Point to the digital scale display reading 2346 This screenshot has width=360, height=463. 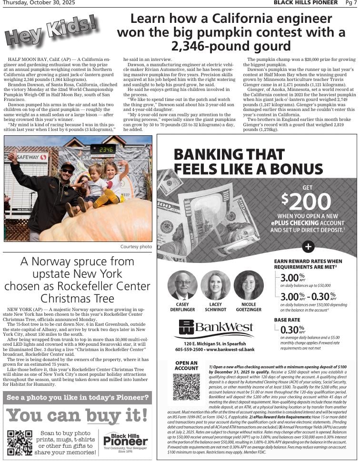point(103,150)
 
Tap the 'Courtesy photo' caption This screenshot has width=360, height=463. point(136,247)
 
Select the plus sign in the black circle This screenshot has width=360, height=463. point(308,246)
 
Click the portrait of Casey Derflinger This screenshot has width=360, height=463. point(182,285)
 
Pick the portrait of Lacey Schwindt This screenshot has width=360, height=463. point(215,285)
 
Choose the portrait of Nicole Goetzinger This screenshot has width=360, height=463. point(249,285)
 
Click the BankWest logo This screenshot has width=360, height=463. point(216,327)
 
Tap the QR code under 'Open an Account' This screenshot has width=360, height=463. point(186,387)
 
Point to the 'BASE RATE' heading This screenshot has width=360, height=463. point(287,320)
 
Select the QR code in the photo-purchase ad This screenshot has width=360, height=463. point(20,443)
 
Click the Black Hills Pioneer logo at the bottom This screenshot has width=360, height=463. point(126,441)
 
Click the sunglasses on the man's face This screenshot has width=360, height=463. point(67,170)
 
